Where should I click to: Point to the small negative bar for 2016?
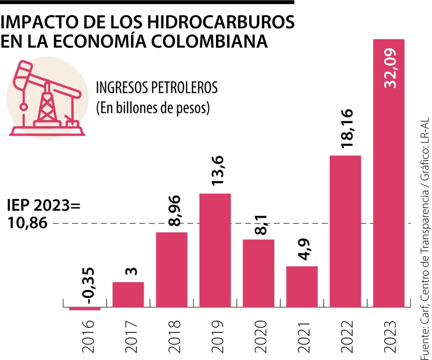point(85,308)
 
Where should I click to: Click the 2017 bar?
point(128,294)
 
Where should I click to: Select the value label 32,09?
point(388,68)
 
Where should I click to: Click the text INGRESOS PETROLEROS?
point(157,88)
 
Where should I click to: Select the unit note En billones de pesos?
point(153,108)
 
